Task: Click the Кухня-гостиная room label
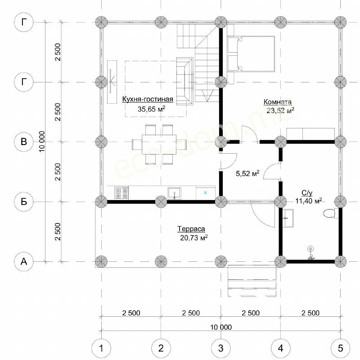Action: pyautogui.click(x=148, y=99)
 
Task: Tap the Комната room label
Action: pyautogui.click(x=277, y=102)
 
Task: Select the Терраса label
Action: pyautogui.click(x=191, y=229)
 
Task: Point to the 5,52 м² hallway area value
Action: pyautogui.click(x=247, y=173)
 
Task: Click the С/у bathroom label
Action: pyautogui.click(x=307, y=193)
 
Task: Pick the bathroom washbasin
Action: pyautogui.click(x=288, y=218)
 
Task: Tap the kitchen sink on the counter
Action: pyautogui.click(x=175, y=193)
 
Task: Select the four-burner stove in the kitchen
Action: pyautogui.click(x=121, y=193)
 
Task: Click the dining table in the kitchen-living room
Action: pyautogui.click(x=159, y=144)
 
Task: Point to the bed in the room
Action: pyautogui.click(x=251, y=54)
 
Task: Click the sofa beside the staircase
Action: pyautogui.click(x=184, y=81)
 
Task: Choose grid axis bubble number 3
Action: pyautogui.click(x=220, y=348)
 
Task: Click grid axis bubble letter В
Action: pyautogui.click(x=24, y=141)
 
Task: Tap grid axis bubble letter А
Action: pyautogui.click(x=24, y=261)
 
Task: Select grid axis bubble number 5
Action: pyautogui.click(x=340, y=348)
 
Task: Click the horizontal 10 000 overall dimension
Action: pyautogui.click(x=221, y=327)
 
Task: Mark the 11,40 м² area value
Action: pyautogui.click(x=308, y=201)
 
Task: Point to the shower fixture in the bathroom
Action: pyautogui.click(x=311, y=253)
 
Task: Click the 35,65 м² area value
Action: pyautogui.click(x=151, y=109)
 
